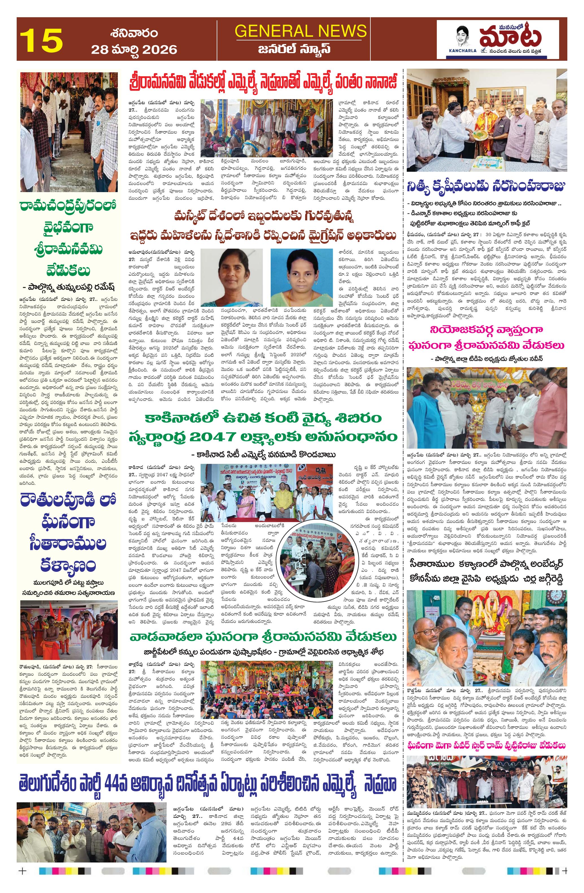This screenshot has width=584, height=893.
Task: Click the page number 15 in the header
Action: (41, 40)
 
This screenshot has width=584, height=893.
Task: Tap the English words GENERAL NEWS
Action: (301, 31)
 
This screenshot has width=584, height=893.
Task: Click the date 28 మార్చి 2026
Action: (134, 49)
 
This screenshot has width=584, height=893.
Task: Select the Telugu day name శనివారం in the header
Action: (134, 33)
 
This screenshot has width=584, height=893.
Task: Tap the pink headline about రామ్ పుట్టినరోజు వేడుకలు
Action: (486, 745)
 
